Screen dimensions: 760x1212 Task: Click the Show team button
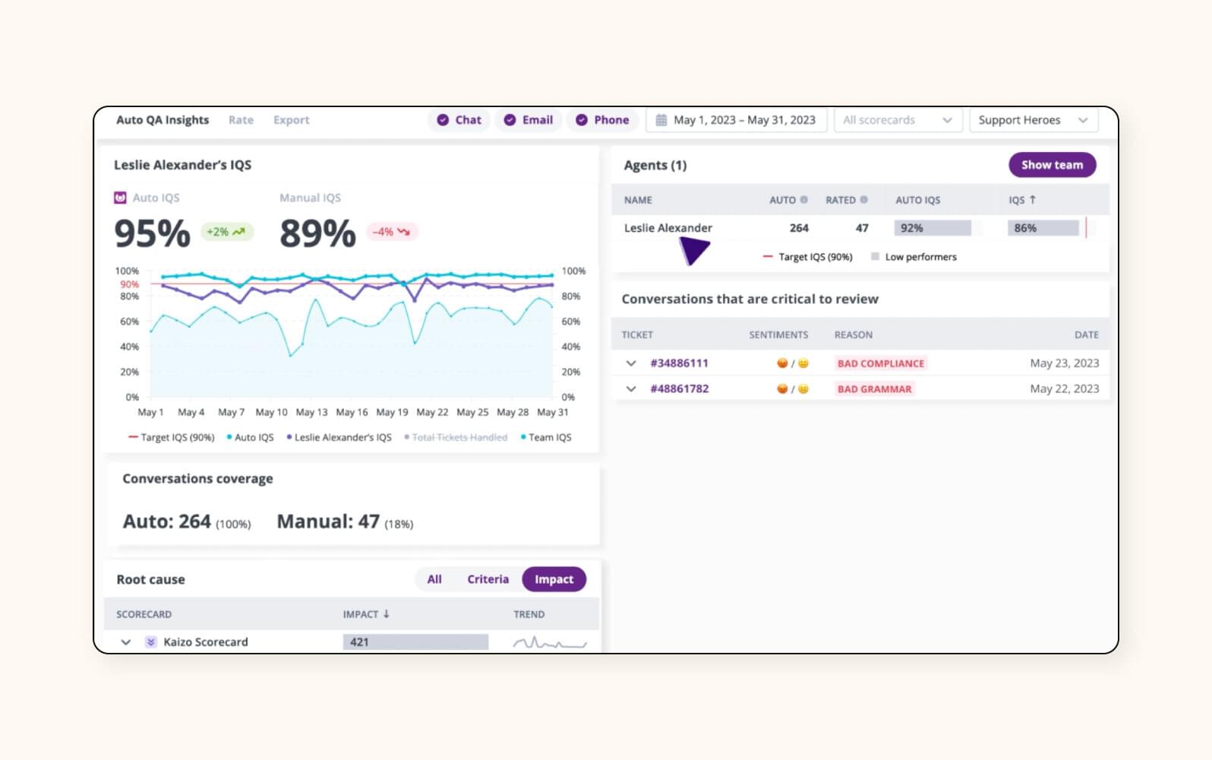point(1052,165)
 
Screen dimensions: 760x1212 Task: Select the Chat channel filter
point(459,120)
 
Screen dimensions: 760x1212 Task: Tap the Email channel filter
point(529,120)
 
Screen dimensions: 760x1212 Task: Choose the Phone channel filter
point(602,120)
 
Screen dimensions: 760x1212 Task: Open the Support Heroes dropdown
point(1033,120)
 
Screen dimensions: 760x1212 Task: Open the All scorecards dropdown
point(897,120)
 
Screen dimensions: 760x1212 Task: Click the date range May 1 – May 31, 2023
point(736,120)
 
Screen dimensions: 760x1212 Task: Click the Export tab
point(291,120)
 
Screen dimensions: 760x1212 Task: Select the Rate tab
point(241,120)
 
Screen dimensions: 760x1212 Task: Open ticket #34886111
point(679,363)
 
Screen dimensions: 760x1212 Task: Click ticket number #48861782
point(679,389)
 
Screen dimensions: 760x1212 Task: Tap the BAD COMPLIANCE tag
point(880,363)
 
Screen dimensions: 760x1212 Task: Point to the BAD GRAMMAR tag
point(874,389)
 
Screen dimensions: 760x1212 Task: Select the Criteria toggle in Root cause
point(488,579)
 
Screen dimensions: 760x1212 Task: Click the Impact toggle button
point(554,579)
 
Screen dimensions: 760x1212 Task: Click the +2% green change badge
point(226,232)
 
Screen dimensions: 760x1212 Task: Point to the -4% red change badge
point(391,232)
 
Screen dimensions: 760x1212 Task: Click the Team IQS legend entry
point(546,438)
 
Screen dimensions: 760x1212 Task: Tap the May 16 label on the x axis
point(352,412)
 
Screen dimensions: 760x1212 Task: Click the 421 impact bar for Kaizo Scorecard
point(415,642)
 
